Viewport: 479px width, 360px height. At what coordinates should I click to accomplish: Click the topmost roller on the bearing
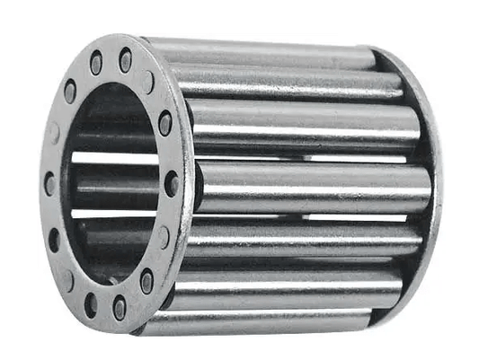[x=261, y=52]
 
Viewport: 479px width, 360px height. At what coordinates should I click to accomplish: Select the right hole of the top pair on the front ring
[x=124, y=60]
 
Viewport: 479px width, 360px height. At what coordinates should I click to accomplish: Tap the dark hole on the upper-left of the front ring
[x=70, y=91]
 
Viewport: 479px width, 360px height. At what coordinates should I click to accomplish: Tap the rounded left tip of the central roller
[x=200, y=187]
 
